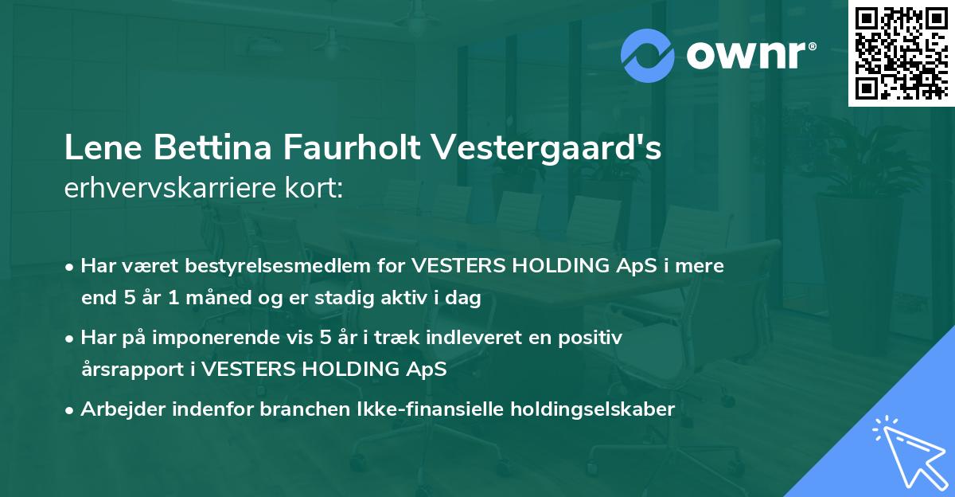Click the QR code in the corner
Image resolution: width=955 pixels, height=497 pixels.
[x=901, y=53]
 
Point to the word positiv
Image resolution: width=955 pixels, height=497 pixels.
[x=590, y=338]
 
